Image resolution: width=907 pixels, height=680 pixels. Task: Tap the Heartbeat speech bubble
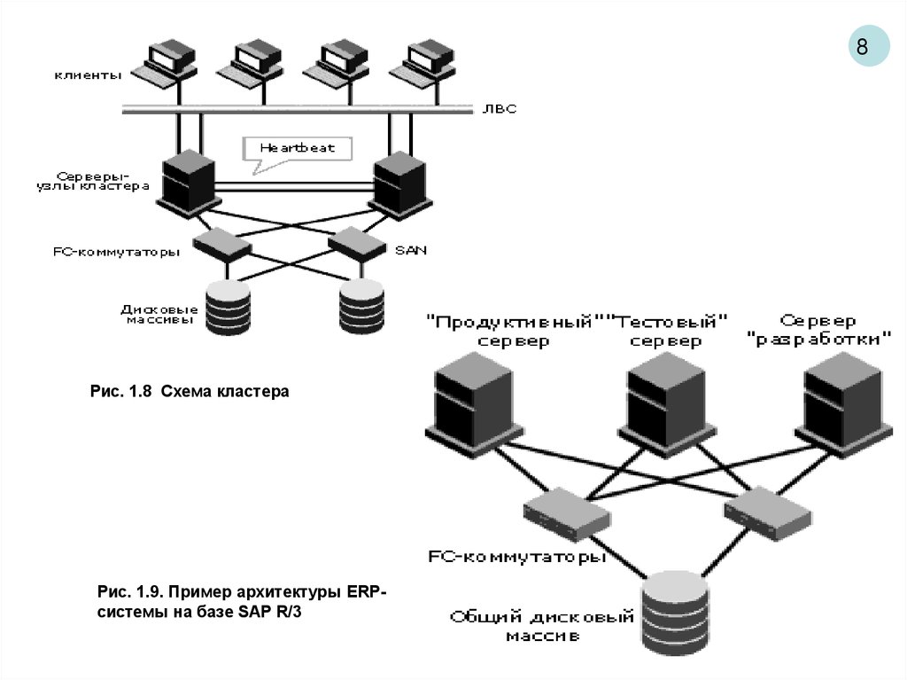296,147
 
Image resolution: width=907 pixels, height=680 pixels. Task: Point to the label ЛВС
499,109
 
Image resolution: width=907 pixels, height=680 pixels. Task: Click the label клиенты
88,76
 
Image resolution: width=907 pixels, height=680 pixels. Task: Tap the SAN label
410,250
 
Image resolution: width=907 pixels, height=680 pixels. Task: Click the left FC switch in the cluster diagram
222,241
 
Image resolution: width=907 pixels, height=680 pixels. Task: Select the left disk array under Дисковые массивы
229,307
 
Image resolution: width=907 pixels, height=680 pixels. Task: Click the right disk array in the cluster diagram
364,307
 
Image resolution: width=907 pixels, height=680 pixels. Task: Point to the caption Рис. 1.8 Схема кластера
190,390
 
